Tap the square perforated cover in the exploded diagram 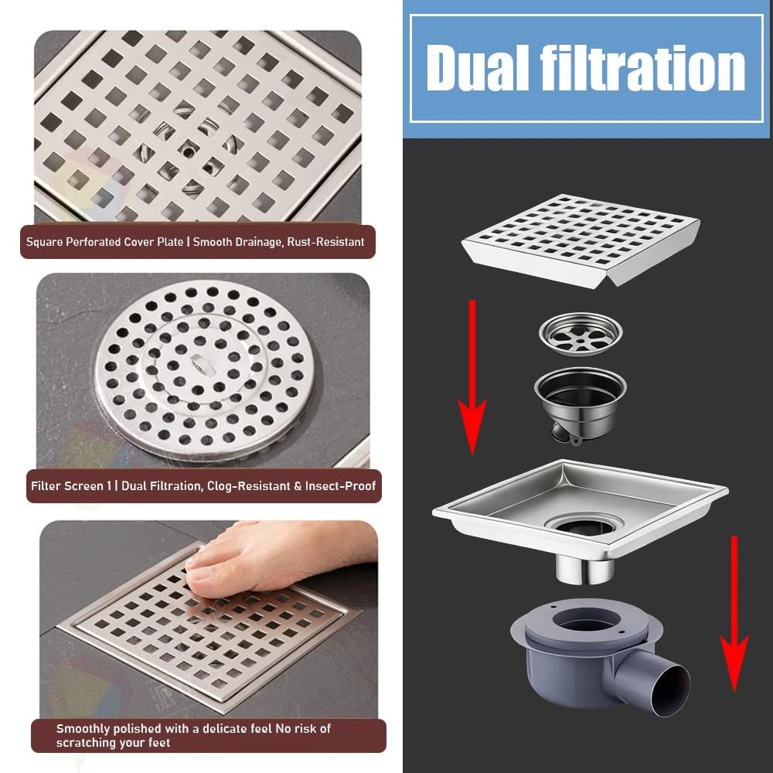[581, 240]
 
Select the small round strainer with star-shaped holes [581, 334]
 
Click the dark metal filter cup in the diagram [581, 402]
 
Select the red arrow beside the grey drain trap [734, 614]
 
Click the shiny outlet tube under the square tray [584, 570]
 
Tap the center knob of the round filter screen [200, 364]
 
